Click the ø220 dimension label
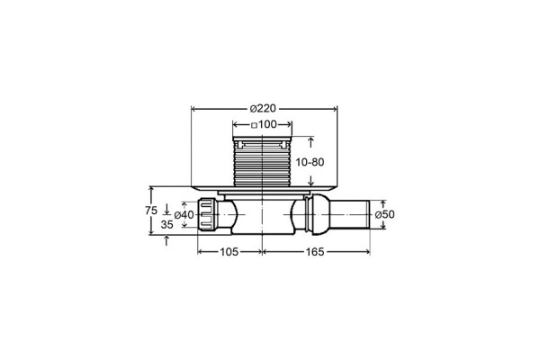coord(263,109)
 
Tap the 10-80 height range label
coord(310,162)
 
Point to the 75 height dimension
coord(151,210)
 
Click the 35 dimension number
coord(167,225)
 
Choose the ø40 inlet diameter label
coord(184,214)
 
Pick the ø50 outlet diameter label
coord(384,214)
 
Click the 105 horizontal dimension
coord(229,252)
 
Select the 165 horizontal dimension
coord(315,252)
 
